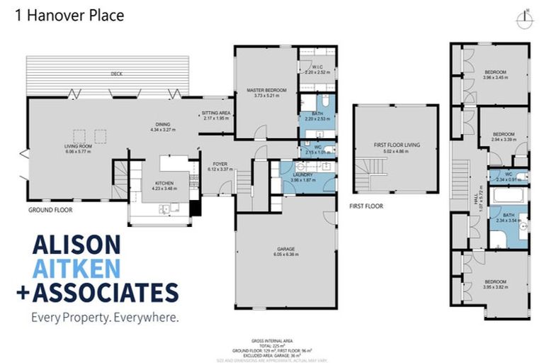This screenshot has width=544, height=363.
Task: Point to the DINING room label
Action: coord(161,125)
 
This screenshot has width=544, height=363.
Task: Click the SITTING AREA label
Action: coord(216,113)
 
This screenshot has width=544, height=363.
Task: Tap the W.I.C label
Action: coord(317,67)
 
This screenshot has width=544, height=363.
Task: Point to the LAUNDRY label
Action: coord(305,175)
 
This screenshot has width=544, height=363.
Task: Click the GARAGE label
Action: coord(286,249)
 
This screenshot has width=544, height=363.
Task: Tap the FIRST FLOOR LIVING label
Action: coord(397,145)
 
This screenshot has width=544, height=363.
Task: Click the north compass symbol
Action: coord(524,19)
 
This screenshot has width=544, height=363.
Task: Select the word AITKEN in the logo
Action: coord(76,268)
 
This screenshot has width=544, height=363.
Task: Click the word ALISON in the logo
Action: coord(76,245)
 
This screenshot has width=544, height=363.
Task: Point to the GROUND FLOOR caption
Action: coord(50,210)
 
